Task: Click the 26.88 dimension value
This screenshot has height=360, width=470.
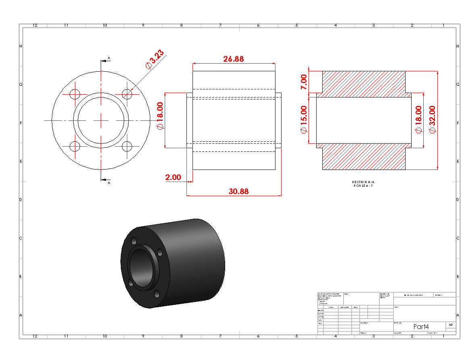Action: click(x=234, y=59)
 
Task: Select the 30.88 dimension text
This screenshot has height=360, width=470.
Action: click(x=238, y=191)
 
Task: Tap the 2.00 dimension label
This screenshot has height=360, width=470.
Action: click(x=173, y=177)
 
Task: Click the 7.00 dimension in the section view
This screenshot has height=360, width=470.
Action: click(x=304, y=82)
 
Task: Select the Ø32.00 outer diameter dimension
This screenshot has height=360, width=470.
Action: click(x=432, y=119)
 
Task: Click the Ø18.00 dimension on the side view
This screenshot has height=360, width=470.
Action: click(x=160, y=116)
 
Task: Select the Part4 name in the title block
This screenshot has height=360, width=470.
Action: click(x=421, y=327)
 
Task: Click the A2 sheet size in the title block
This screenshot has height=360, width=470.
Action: click(x=451, y=325)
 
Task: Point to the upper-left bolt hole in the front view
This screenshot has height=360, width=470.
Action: click(x=75, y=94)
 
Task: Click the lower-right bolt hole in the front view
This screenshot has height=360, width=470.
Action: click(x=127, y=147)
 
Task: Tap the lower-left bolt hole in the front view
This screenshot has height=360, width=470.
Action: click(x=75, y=147)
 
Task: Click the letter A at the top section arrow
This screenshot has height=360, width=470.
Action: click(x=109, y=58)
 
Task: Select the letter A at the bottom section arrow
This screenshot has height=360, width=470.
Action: click(x=109, y=183)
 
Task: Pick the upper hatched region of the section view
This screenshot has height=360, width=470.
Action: click(x=363, y=84)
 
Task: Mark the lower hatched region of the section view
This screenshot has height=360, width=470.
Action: click(x=363, y=157)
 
